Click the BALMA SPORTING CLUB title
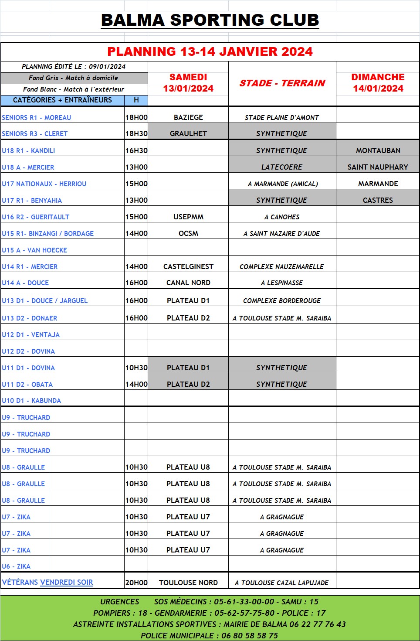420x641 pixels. (x=210, y=20)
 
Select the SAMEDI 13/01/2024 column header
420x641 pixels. (x=188, y=83)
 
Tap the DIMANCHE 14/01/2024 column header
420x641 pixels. (x=378, y=83)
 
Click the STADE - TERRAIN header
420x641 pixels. (x=282, y=83)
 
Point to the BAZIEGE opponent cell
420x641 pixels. (x=188, y=117)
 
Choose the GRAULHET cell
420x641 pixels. (x=188, y=133)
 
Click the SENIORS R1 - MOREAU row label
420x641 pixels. (x=37, y=117)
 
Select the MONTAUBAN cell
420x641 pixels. (x=378, y=150)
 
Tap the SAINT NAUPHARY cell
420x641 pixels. (x=378, y=167)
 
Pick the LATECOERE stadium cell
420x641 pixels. (x=282, y=167)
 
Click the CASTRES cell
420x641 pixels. (x=378, y=200)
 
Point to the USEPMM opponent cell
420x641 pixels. (x=188, y=217)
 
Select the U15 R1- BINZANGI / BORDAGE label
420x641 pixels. (x=48, y=233)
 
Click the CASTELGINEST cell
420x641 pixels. (x=188, y=266)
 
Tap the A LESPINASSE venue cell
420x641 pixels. (x=282, y=283)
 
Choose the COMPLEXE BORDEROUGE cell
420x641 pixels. (x=282, y=300)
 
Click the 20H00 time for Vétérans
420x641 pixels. (x=136, y=583)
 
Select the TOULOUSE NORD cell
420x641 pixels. (x=188, y=583)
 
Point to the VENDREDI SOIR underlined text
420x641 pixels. (x=66, y=582)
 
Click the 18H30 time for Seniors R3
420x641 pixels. (x=136, y=133)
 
